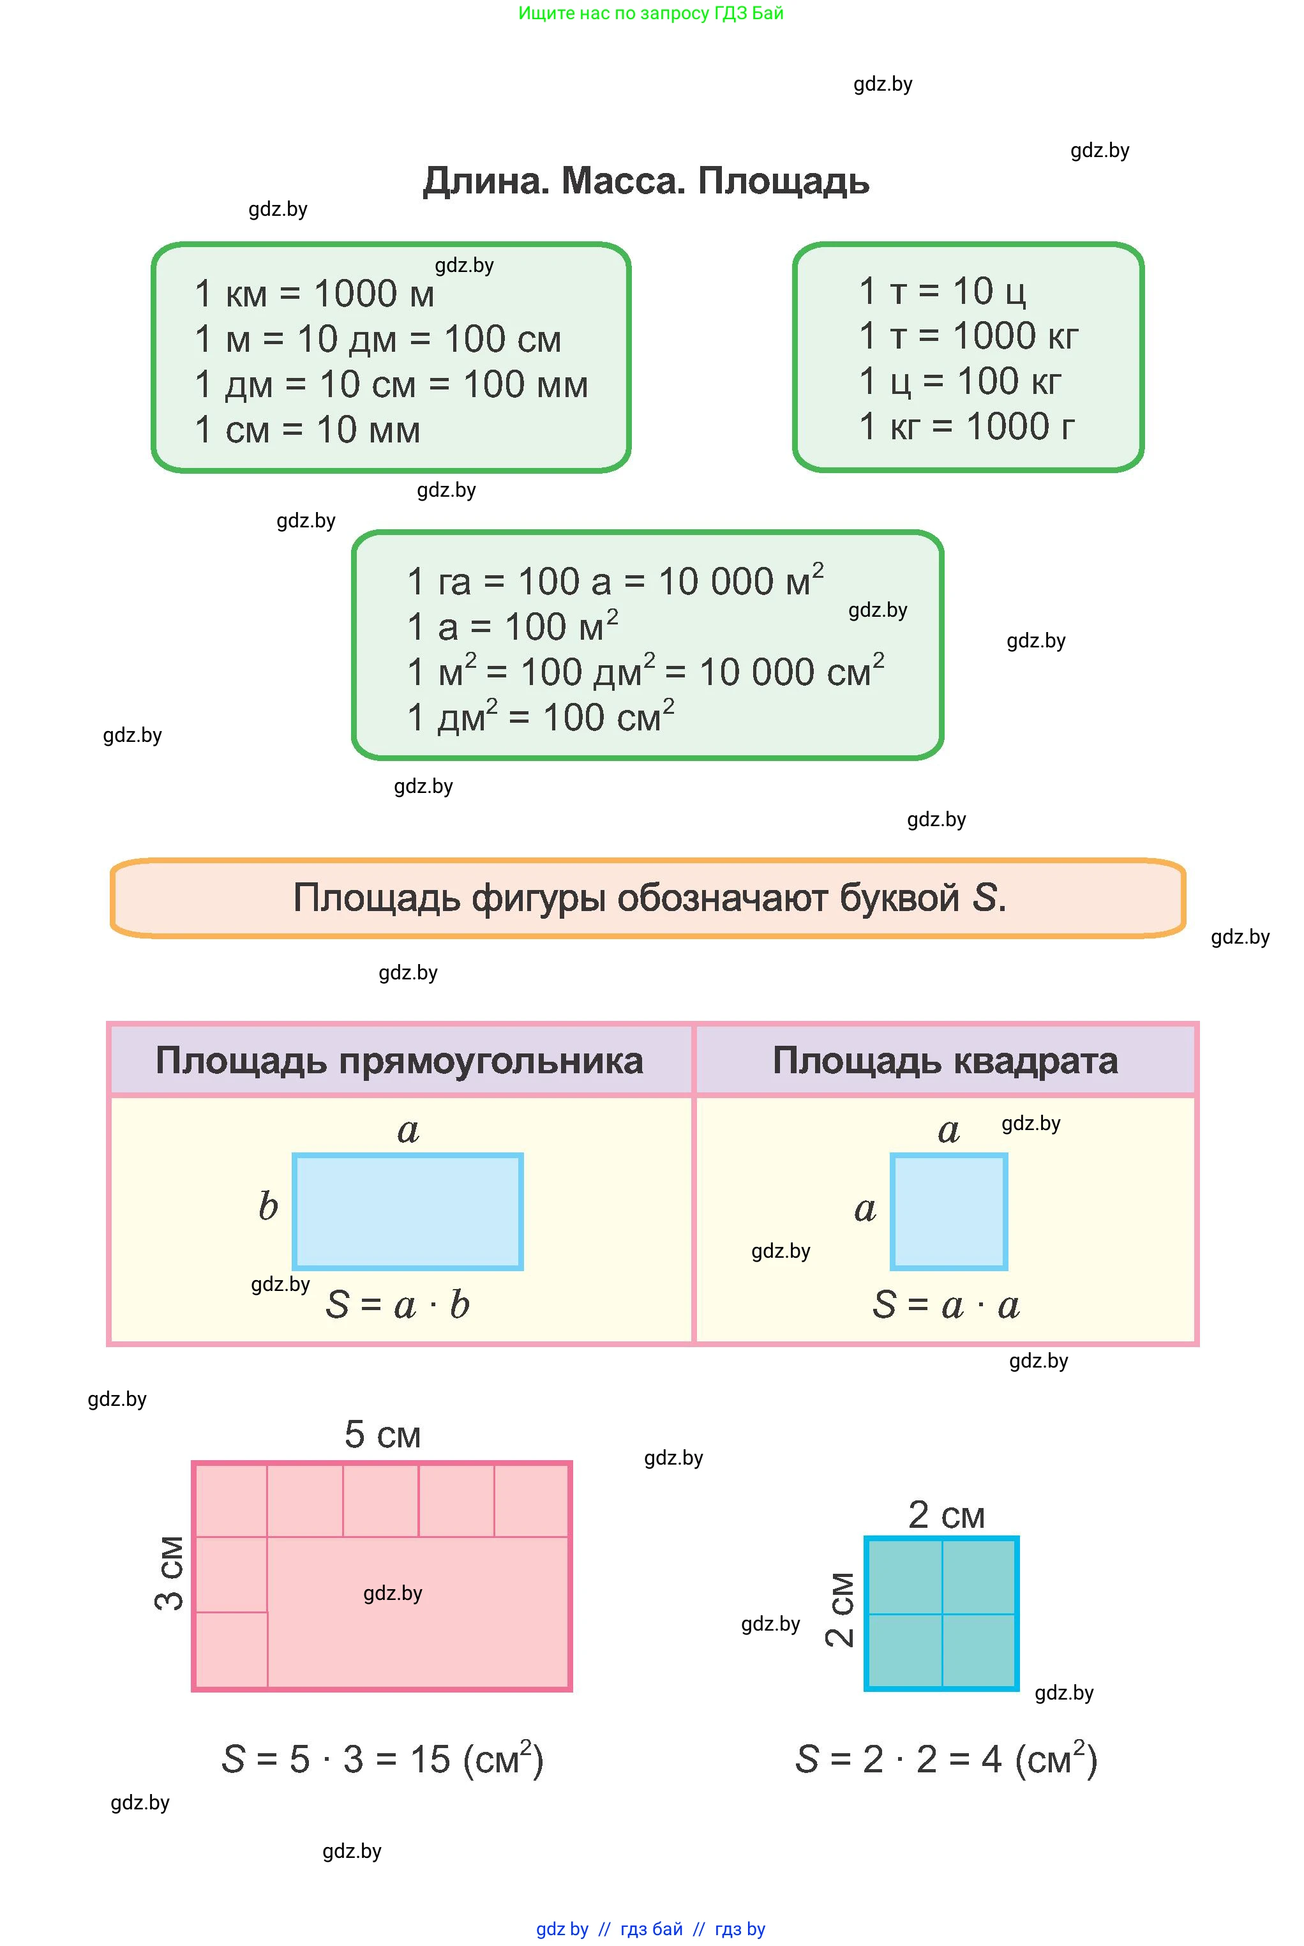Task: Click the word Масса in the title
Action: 623,181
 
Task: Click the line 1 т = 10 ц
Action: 941,292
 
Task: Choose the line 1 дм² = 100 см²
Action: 540,718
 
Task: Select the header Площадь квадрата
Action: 945,1061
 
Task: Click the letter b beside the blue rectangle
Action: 268,1207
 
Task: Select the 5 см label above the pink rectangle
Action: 382,1435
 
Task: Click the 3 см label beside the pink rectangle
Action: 170,1573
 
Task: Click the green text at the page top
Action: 650,13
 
